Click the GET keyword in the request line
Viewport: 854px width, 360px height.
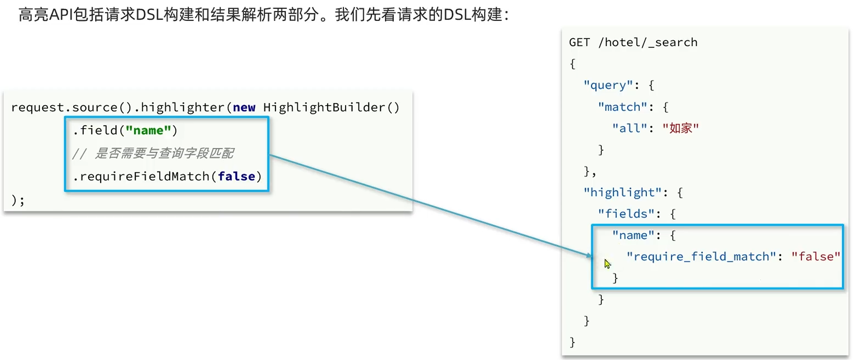point(579,42)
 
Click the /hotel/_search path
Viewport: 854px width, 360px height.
point(648,42)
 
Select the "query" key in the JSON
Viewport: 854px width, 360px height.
point(608,85)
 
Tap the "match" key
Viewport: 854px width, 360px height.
point(622,107)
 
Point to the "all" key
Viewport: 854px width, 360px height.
point(629,128)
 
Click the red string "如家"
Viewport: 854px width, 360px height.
point(681,128)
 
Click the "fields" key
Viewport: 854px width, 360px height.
point(626,214)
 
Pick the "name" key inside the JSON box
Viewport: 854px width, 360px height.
point(633,236)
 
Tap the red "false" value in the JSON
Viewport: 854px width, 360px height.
point(815,256)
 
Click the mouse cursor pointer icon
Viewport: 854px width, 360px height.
point(607,264)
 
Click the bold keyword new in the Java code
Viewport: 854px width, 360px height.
point(244,108)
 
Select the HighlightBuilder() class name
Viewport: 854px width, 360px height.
point(331,108)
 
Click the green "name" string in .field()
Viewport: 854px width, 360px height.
point(148,130)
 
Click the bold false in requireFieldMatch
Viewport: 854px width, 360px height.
point(236,176)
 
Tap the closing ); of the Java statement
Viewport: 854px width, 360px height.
point(18,200)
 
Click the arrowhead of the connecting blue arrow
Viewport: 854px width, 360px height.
point(589,255)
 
